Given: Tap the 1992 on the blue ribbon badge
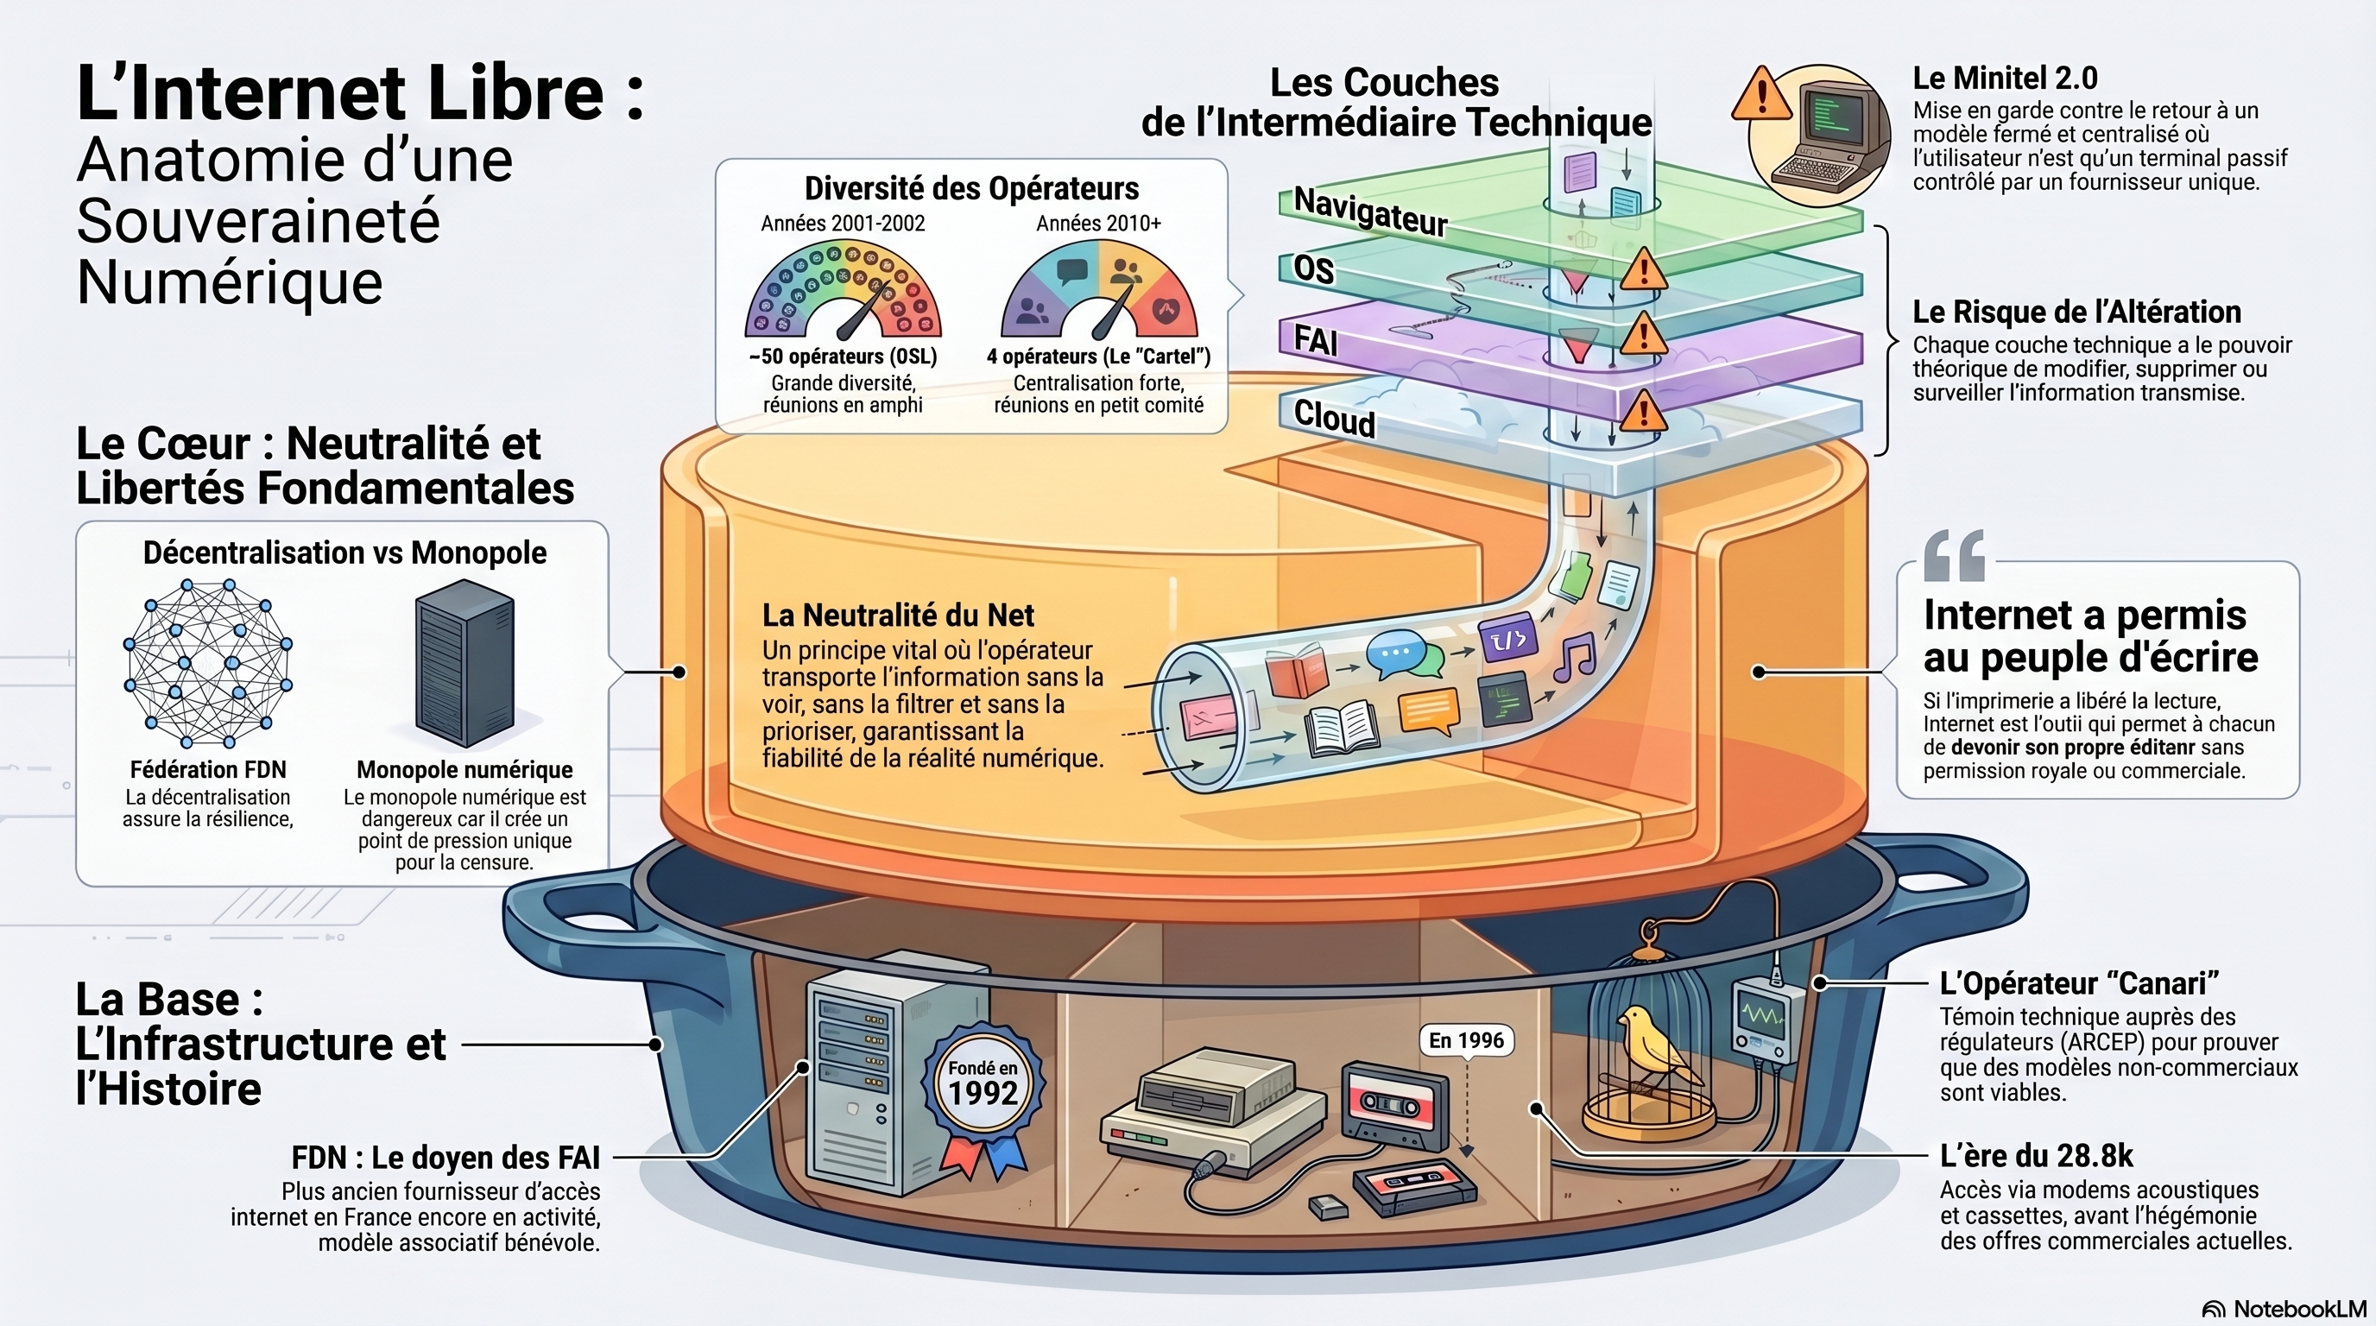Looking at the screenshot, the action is point(983,1094).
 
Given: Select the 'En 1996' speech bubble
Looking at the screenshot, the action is point(1466,1041).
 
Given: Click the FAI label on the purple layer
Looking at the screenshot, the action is point(1315,340).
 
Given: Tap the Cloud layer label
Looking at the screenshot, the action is point(1334,419).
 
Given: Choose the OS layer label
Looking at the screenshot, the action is point(1313,269).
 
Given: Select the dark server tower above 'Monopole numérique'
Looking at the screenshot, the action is point(464,663).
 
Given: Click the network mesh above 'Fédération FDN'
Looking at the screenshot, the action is point(207,663).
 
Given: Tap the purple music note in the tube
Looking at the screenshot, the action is point(1574,657).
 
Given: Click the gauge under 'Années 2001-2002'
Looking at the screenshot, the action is point(843,289).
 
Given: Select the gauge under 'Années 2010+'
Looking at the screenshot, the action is point(1098,289).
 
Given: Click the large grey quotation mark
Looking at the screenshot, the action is point(1954,555).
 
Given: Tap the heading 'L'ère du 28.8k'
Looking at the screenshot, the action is point(2037,1155).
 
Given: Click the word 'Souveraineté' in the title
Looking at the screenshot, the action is point(258,221).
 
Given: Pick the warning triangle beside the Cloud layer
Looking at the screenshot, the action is point(1642,411).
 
